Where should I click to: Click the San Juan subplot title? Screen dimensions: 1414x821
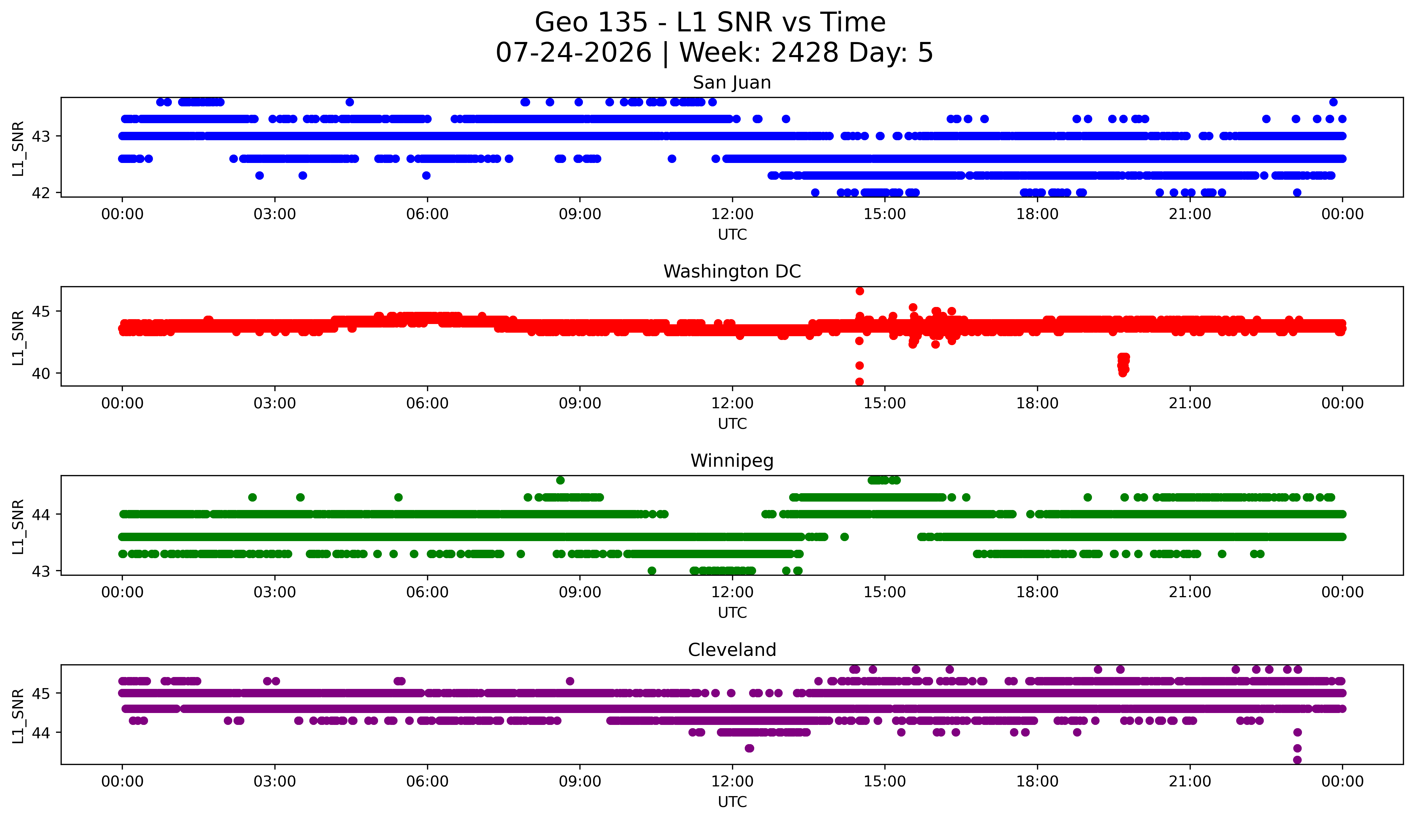click(732, 83)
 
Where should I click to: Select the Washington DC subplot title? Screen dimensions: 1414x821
click(732, 272)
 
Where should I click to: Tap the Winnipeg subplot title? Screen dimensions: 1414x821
click(732, 461)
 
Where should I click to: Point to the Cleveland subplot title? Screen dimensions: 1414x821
click(732, 650)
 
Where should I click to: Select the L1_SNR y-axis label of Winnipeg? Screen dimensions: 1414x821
click(18, 526)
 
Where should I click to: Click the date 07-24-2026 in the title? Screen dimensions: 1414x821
click(573, 53)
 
